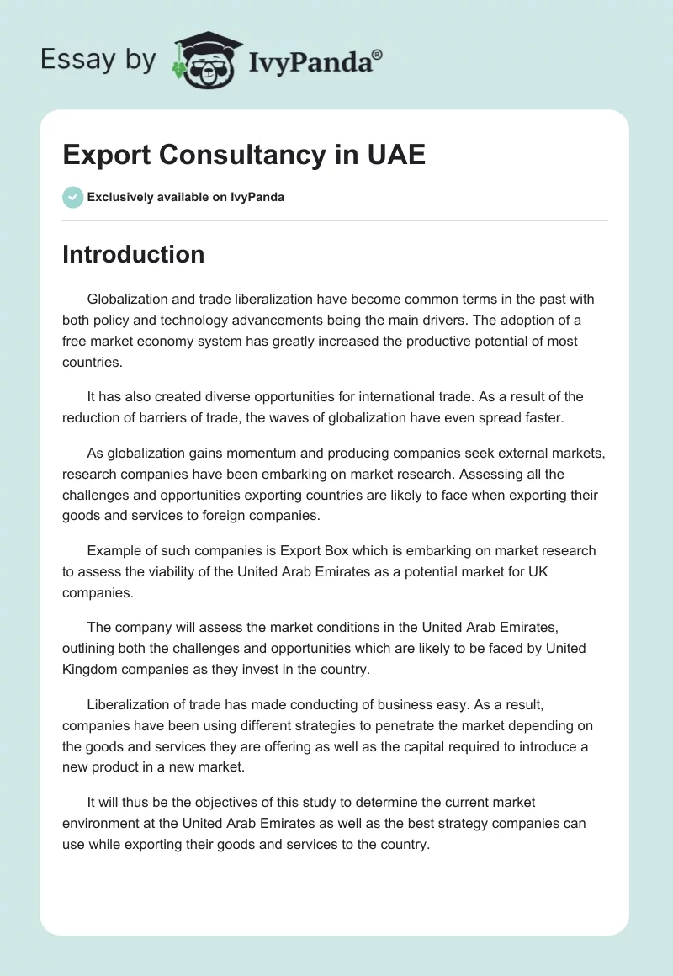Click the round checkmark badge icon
[72, 197]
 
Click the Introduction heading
[133, 254]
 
